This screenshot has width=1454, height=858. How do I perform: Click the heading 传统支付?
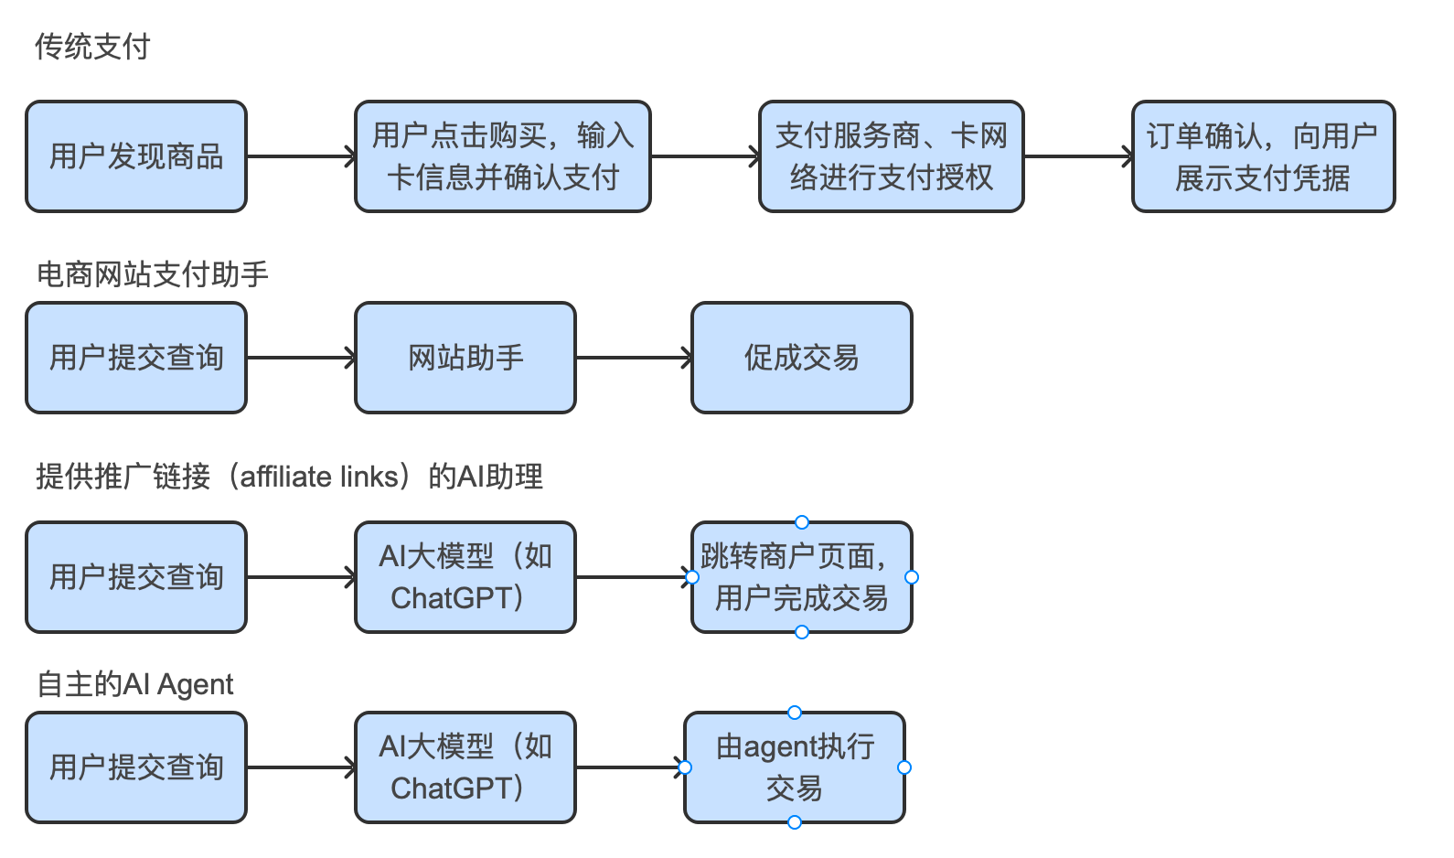(92, 47)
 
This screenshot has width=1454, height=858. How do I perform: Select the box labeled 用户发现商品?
(136, 156)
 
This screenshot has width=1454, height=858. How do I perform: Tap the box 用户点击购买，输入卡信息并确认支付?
(502, 156)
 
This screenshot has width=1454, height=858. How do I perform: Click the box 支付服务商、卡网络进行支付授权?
(891, 156)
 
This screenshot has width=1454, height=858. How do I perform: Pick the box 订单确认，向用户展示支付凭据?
(1263, 156)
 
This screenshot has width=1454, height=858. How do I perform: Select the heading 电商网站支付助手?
(152, 274)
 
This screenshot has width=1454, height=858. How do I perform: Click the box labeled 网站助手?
(465, 358)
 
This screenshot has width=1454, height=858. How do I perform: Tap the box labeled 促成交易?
(801, 358)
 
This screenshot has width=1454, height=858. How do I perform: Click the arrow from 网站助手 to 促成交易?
(633, 358)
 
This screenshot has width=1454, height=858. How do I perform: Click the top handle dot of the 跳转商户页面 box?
(802, 522)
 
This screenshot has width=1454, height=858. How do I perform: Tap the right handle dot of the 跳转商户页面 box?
(912, 577)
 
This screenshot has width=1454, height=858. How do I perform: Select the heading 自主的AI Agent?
(134, 684)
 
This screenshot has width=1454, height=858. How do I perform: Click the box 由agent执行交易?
(794, 767)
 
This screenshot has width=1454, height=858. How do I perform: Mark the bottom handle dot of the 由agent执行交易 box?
(795, 822)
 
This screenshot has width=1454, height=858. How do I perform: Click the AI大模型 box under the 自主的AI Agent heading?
(465, 767)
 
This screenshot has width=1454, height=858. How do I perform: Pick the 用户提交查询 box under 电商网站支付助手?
(136, 358)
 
